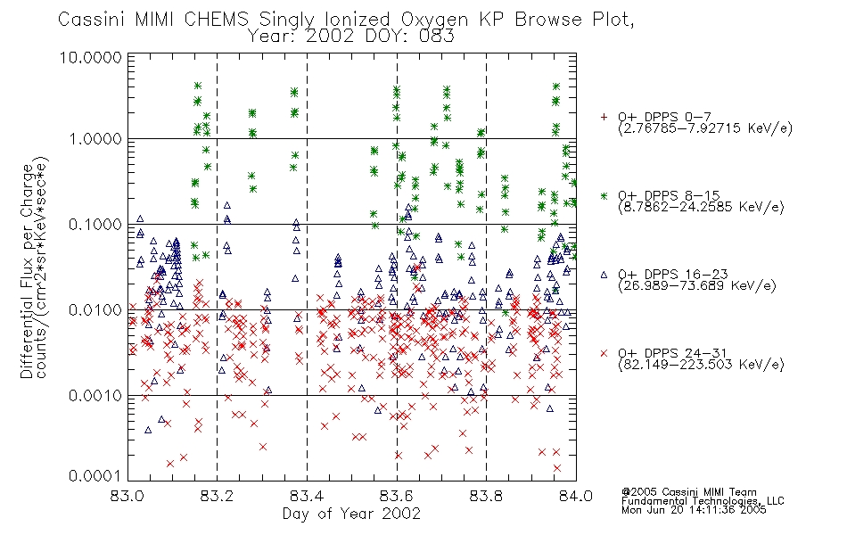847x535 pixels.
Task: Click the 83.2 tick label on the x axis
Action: [x=217, y=496]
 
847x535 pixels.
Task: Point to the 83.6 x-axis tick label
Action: [x=397, y=496]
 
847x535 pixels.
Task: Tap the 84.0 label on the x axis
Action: [x=576, y=496]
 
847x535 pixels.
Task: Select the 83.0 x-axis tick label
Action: [x=127, y=496]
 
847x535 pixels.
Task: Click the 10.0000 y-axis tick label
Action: [x=90, y=57]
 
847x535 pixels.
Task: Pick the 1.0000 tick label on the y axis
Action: [x=95, y=139]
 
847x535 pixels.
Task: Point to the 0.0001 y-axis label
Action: [x=95, y=475]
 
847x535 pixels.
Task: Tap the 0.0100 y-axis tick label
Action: [x=95, y=310]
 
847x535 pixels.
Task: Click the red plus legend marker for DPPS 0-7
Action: [x=604, y=117]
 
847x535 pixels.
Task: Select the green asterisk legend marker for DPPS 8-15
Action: [x=604, y=195]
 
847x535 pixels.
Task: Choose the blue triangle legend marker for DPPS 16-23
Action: [x=604, y=275]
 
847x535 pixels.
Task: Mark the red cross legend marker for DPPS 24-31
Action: [x=604, y=353]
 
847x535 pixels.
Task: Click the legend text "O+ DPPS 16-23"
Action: [x=673, y=274]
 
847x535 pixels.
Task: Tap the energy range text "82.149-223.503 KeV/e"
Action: [x=701, y=365]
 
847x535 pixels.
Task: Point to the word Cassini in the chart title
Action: [x=91, y=20]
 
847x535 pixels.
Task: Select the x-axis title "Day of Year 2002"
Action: [x=351, y=514]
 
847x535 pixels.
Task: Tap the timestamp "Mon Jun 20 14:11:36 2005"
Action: [x=694, y=510]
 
